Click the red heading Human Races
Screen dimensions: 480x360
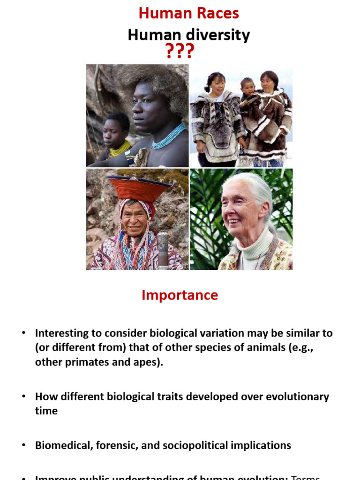[x=188, y=13]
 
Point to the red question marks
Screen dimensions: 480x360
[x=180, y=51]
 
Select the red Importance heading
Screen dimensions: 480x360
[x=180, y=295]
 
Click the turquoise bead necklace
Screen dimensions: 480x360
[x=169, y=137]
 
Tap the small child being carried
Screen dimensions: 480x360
[x=247, y=89]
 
